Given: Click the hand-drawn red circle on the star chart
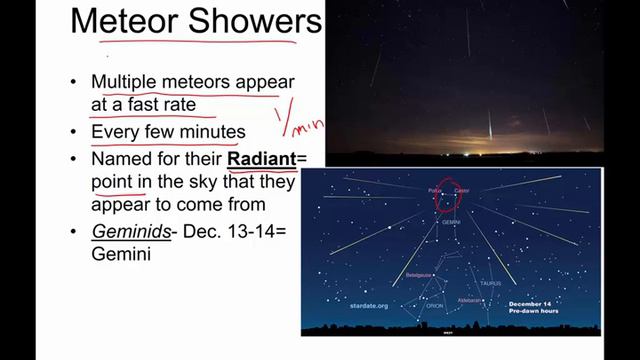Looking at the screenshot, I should tap(448, 195).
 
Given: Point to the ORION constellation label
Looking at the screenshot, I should tap(435, 306).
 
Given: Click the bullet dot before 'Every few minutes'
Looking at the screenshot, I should tap(73, 132).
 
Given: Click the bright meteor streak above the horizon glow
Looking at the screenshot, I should tap(489, 126).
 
